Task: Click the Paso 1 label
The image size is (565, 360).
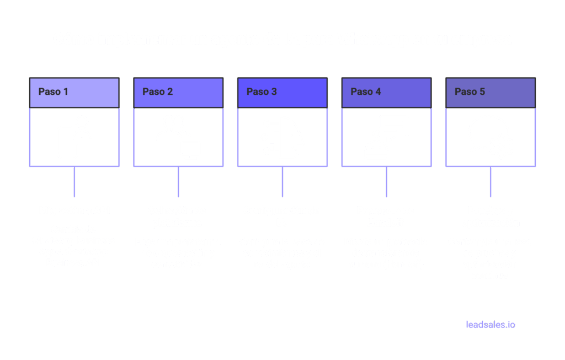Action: [x=54, y=92]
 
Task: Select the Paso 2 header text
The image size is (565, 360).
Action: [x=158, y=92]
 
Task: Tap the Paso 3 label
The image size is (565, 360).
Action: [x=262, y=92]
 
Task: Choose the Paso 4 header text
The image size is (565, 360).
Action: [x=366, y=92]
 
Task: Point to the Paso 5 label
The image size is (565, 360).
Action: [x=470, y=92]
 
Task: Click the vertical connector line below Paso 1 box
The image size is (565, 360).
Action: [x=74, y=181]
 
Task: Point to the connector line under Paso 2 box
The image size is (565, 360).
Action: [x=178, y=181]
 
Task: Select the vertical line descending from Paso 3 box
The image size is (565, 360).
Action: [x=282, y=181]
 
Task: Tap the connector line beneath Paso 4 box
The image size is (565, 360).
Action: [x=386, y=181]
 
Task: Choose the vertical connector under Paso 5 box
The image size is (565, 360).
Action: [x=491, y=181]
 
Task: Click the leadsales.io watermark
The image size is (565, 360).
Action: [x=491, y=325]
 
